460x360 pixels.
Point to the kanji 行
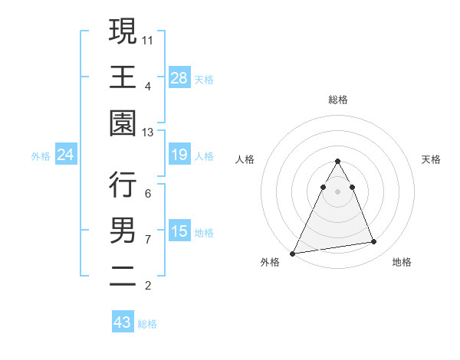tap(123, 184)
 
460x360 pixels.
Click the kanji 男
tap(123, 230)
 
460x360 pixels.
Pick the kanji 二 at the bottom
tap(123, 277)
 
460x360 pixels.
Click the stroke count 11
tap(149, 40)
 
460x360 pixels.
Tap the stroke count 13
tap(149, 133)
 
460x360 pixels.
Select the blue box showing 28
tap(179, 77)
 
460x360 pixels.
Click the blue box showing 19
tap(179, 155)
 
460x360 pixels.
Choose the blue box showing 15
tap(179, 232)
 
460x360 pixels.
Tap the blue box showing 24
tap(66, 155)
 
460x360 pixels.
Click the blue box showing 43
tap(122, 322)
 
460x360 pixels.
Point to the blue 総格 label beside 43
tap(147, 324)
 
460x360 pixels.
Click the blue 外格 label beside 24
tap(41, 156)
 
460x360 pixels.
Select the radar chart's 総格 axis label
tap(337, 100)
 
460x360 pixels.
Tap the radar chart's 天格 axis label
tap(432, 159)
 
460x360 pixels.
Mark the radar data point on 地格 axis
tap(374, 242)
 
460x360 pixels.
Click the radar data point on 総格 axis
tap(337, 161)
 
